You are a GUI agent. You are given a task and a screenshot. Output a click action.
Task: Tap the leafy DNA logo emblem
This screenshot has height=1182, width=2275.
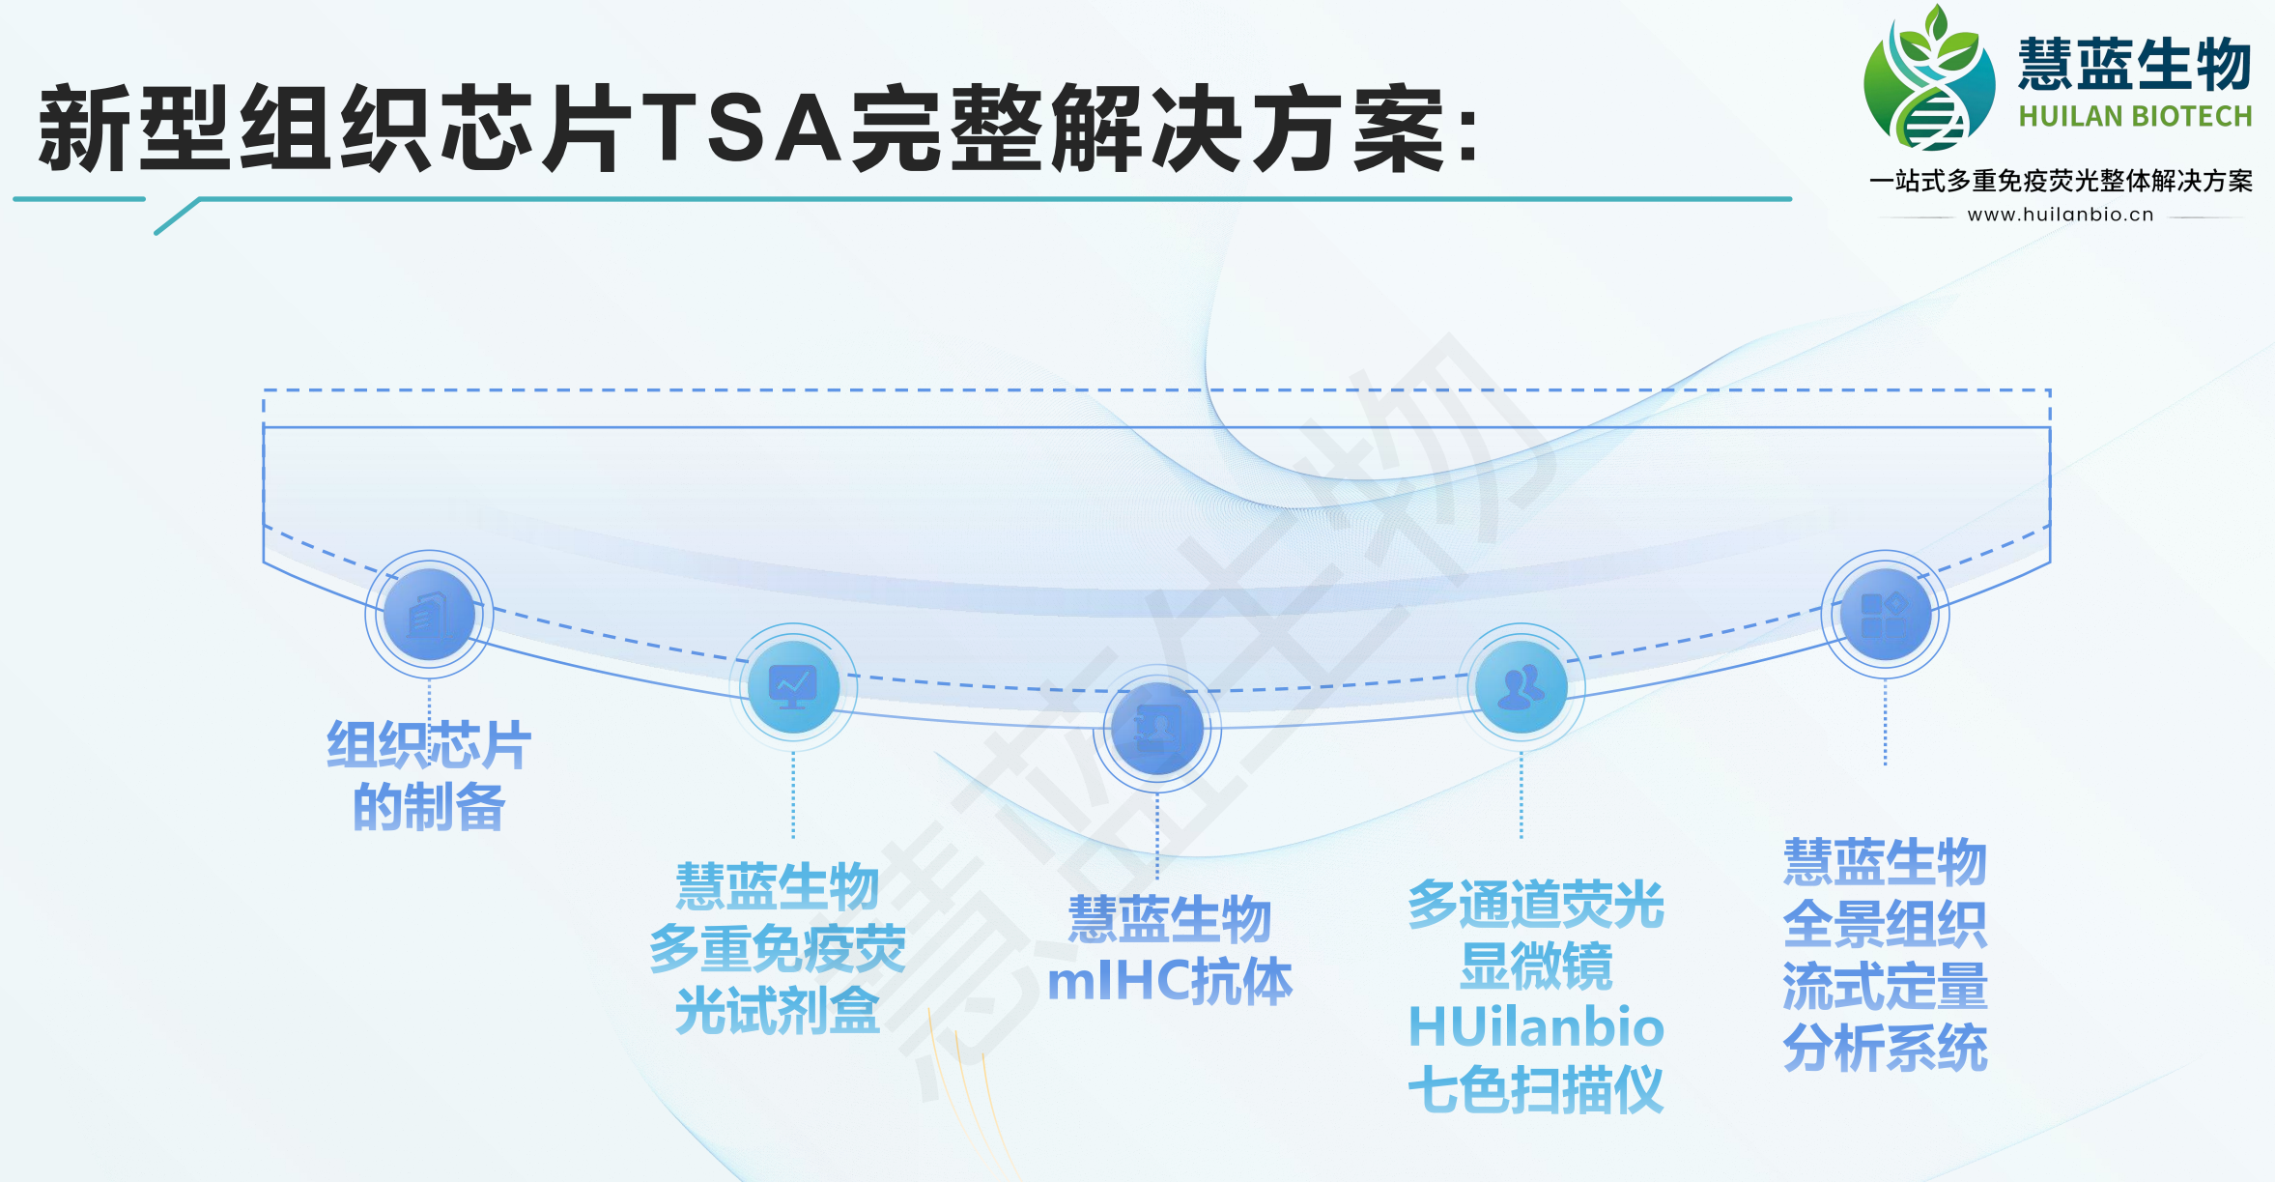coord(1928,79)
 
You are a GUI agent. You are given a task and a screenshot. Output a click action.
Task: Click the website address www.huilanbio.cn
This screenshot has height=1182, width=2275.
coord(2061,215)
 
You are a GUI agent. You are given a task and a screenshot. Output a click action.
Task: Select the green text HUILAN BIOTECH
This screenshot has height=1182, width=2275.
coord(2135,117)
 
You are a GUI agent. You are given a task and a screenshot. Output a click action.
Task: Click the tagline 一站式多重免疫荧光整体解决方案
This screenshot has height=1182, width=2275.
coord(2061,181)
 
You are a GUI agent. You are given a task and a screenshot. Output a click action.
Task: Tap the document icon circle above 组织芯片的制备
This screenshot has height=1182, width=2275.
coord(429,614)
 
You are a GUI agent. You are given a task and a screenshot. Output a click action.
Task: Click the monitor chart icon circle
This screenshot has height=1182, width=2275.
coord(793,686)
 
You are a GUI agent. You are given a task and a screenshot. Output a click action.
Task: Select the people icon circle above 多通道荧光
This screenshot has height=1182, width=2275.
coord(1521,686)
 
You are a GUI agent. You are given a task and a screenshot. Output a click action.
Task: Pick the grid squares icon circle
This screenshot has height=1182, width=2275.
coord(1885,614)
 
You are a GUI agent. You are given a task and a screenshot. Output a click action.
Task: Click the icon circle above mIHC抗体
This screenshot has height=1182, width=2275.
coord(1157,729)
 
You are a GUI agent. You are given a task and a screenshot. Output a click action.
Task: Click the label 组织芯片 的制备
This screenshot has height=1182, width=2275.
coord(429,776)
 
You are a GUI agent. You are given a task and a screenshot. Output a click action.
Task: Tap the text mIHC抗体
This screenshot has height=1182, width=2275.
coord(1170,981)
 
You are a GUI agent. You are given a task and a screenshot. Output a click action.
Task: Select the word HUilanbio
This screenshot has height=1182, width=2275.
coord(1536,1026)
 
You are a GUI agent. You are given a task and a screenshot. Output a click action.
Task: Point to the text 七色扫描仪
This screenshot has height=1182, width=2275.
coord(1536,1089)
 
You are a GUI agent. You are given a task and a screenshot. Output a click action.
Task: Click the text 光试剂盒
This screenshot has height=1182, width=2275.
coord(778,1011)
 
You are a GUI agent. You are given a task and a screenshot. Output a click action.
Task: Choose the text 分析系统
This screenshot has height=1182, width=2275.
coord(1885,1049)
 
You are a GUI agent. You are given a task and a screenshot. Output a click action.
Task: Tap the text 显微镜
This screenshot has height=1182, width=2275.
coord(1536,966)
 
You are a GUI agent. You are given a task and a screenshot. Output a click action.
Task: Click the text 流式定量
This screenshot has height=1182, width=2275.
coord(1885,986)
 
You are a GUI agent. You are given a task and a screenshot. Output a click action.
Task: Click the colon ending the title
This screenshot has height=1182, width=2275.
coord(1468,134)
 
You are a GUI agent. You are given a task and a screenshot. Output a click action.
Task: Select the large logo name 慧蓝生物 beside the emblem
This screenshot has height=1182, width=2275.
coord(2135,64)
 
